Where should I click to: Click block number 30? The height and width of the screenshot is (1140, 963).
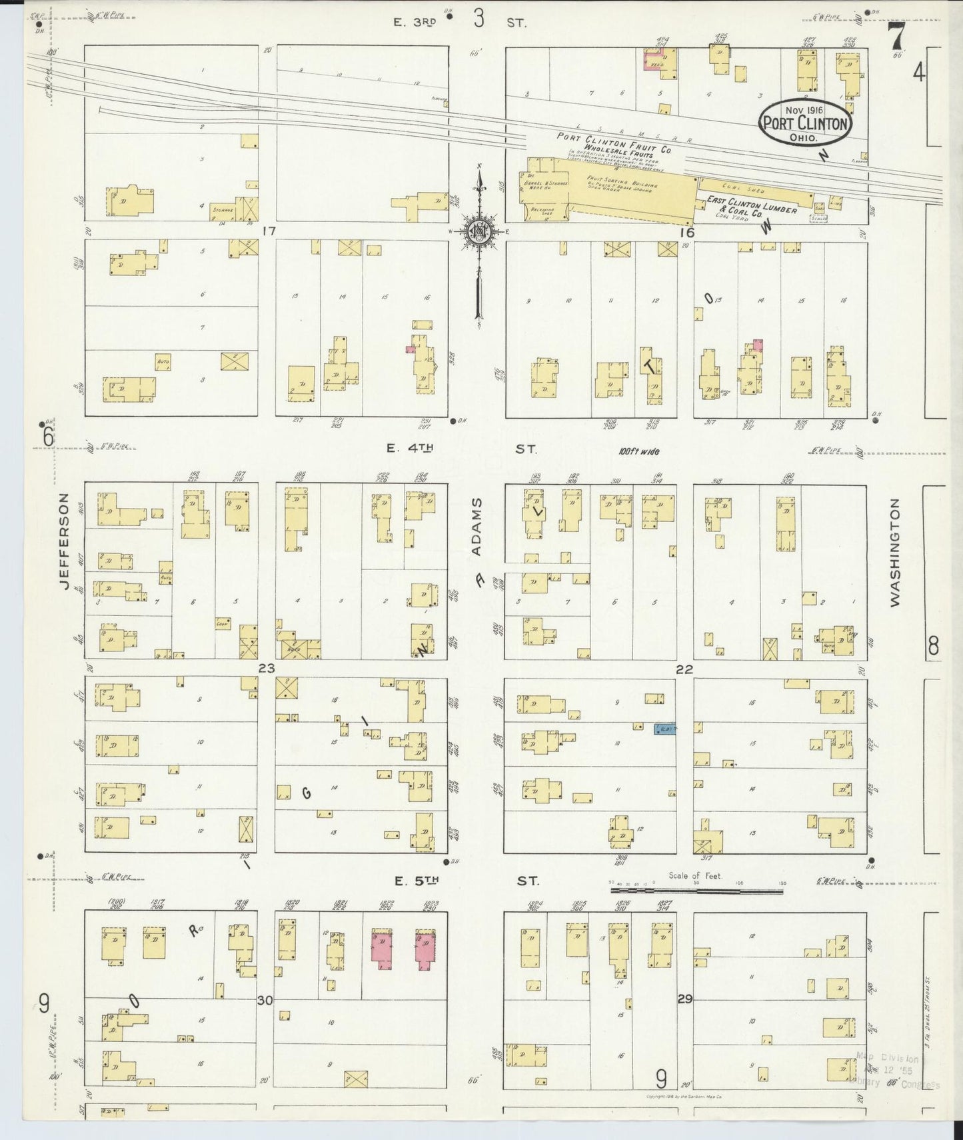pyautogui.click(x=265, y=999)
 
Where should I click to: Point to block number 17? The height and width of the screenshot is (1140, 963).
pyautogui.click(x=269, y=231)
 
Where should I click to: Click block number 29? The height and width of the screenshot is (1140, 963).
pyautogui.click(x=684, y=999)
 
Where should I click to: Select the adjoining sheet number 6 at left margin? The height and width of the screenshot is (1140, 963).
pyautogui.click(x=47, y=437)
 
